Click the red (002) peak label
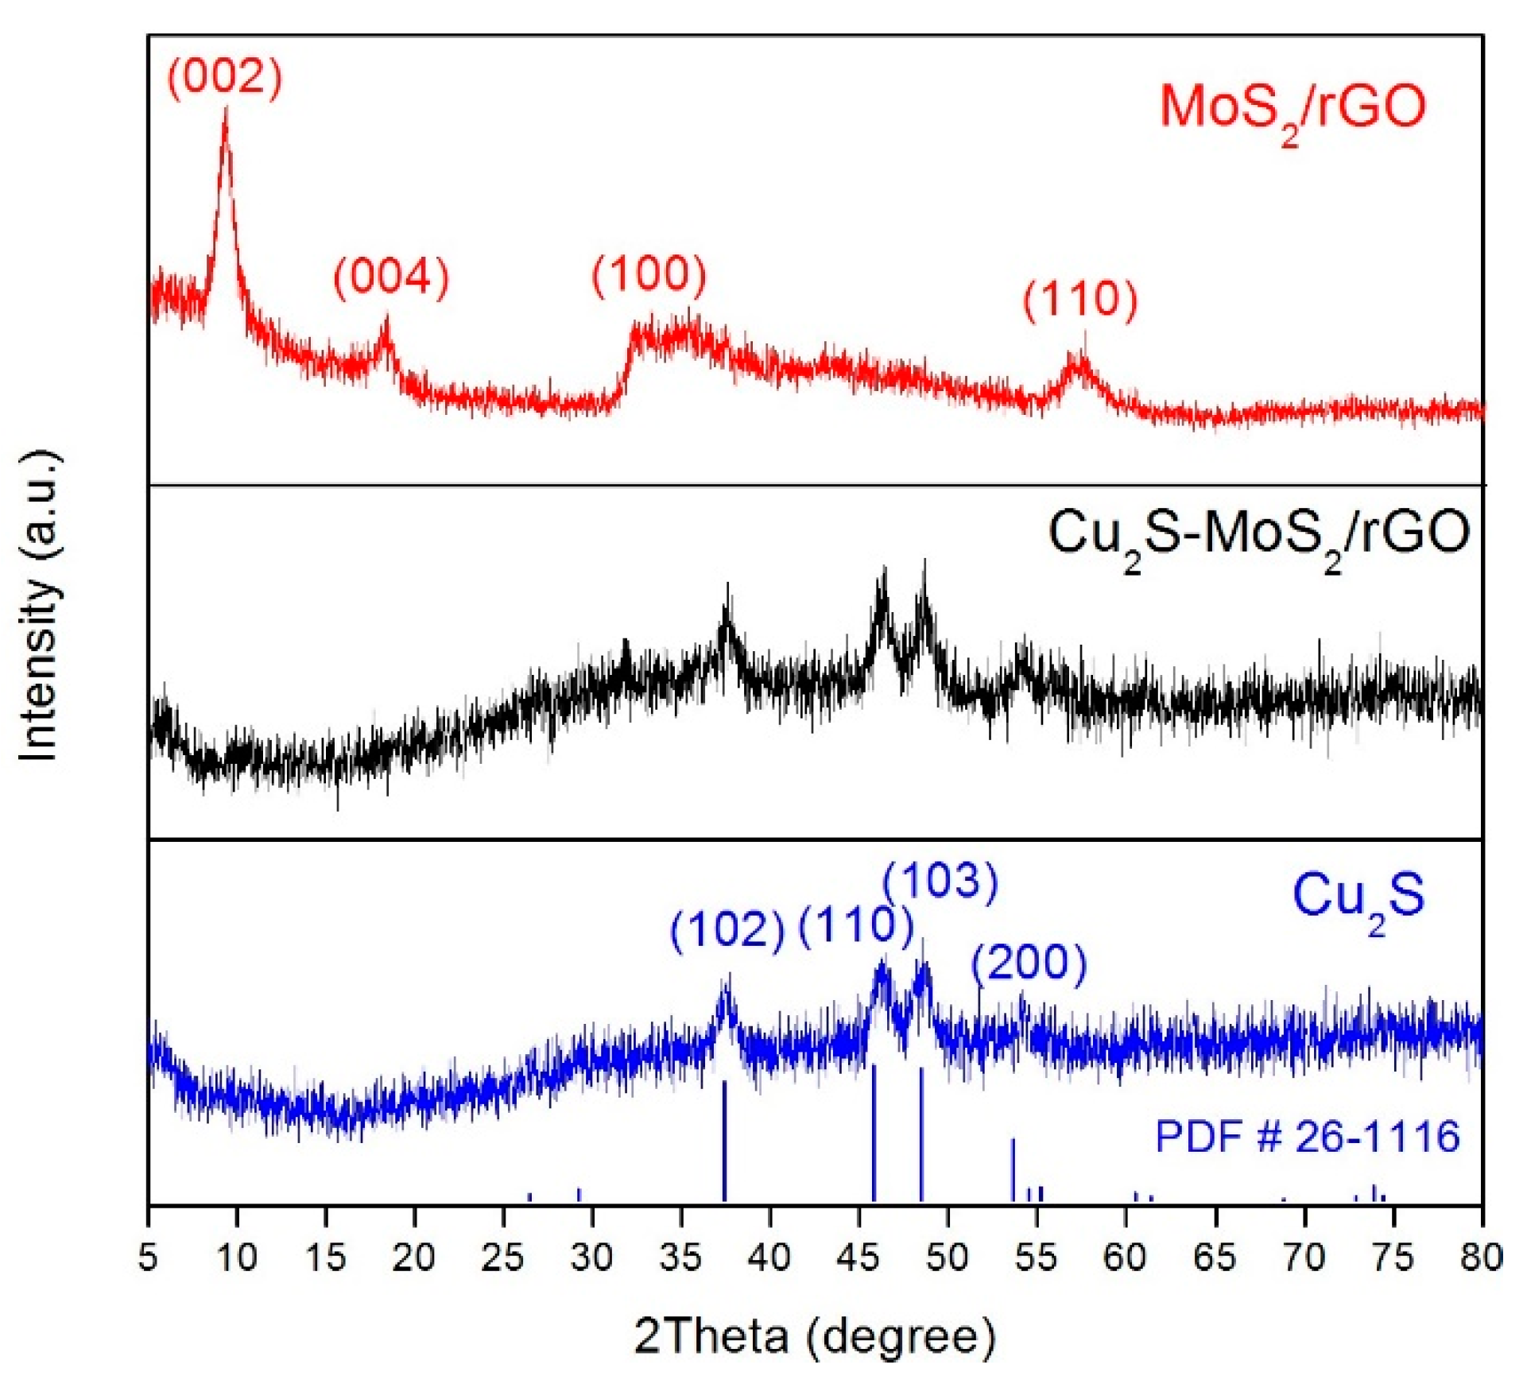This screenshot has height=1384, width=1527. (x=225, y=77)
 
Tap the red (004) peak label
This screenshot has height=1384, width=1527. (x=391, y=277)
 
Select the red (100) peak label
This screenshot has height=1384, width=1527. (x=649, y=274)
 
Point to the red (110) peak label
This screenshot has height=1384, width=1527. (x=1080, y=300)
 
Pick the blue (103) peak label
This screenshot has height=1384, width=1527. (x=940, y=881)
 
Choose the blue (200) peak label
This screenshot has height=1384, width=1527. (x=1029, y=963)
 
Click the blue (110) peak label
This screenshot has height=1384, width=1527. (x=855, y=925)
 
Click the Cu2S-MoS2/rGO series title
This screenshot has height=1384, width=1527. (x=1259, y=534)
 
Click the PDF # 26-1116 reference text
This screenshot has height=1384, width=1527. (x=1307, y=1136)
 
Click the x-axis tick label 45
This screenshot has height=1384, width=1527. (x=858, y=1258)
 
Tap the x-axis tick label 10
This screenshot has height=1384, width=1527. (x=236, y=1258)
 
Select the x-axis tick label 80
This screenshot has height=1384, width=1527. (x=1481, y=1258)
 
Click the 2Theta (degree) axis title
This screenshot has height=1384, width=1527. (x=815, y=1336)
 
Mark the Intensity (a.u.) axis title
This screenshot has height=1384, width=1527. (x=40, y=604)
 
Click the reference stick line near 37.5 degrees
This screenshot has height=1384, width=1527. (x=724, y=1141)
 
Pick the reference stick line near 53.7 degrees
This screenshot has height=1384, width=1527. (x=1013, y=1170)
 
